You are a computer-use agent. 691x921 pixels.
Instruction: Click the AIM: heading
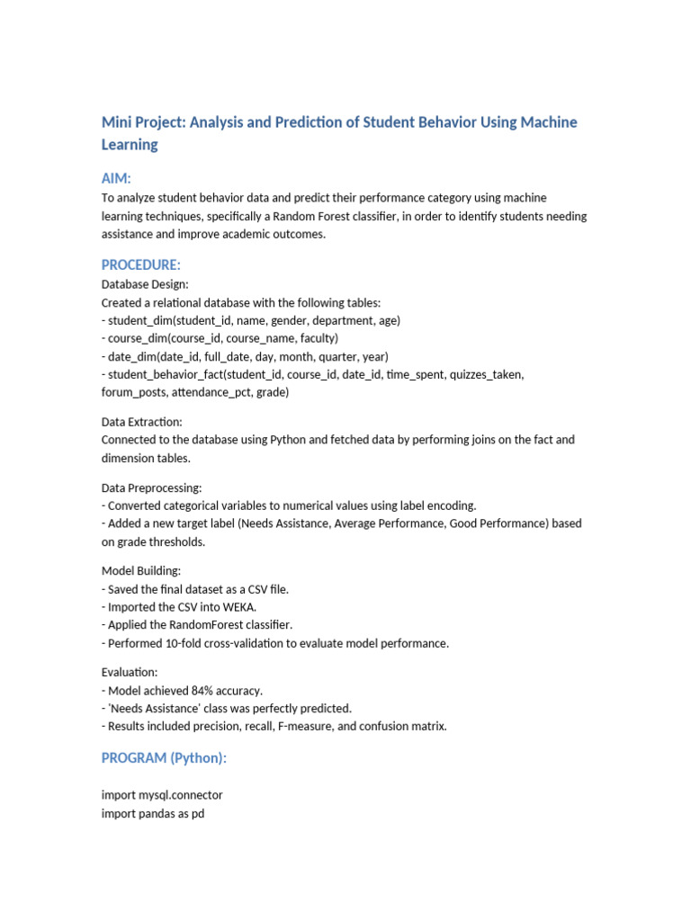116,178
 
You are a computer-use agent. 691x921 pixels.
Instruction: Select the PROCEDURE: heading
141,264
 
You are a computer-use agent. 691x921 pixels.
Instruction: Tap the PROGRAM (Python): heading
164,757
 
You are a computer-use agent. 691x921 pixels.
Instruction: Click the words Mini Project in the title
139,122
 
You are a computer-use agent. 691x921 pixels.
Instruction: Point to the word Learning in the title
130,144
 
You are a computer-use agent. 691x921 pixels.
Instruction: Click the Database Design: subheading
144,284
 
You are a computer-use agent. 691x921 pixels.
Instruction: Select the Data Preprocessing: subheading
152,487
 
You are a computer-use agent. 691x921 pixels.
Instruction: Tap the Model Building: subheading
141,570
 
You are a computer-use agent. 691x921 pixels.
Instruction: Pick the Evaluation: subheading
130,671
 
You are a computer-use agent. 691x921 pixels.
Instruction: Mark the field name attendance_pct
213,392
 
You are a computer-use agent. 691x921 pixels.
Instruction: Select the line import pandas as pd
153,813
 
